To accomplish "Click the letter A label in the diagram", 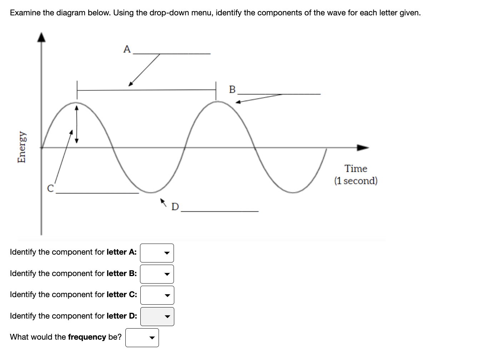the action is [127, 49].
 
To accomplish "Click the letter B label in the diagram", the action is [232, 89].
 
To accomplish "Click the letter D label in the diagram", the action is [175, 207].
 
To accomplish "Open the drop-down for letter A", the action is [157, 253].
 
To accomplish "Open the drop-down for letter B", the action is [157, 274].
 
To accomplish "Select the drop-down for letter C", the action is [157, 295].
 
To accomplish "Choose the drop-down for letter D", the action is [157, 316].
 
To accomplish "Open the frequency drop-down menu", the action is [142, 337].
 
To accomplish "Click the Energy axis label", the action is [22, 146].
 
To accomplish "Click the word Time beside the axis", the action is [356, 169].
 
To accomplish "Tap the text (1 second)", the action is [356, 181].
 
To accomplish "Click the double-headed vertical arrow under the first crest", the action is [76, 123].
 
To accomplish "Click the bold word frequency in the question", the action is [87, 337].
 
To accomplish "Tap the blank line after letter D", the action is [220, 211].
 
